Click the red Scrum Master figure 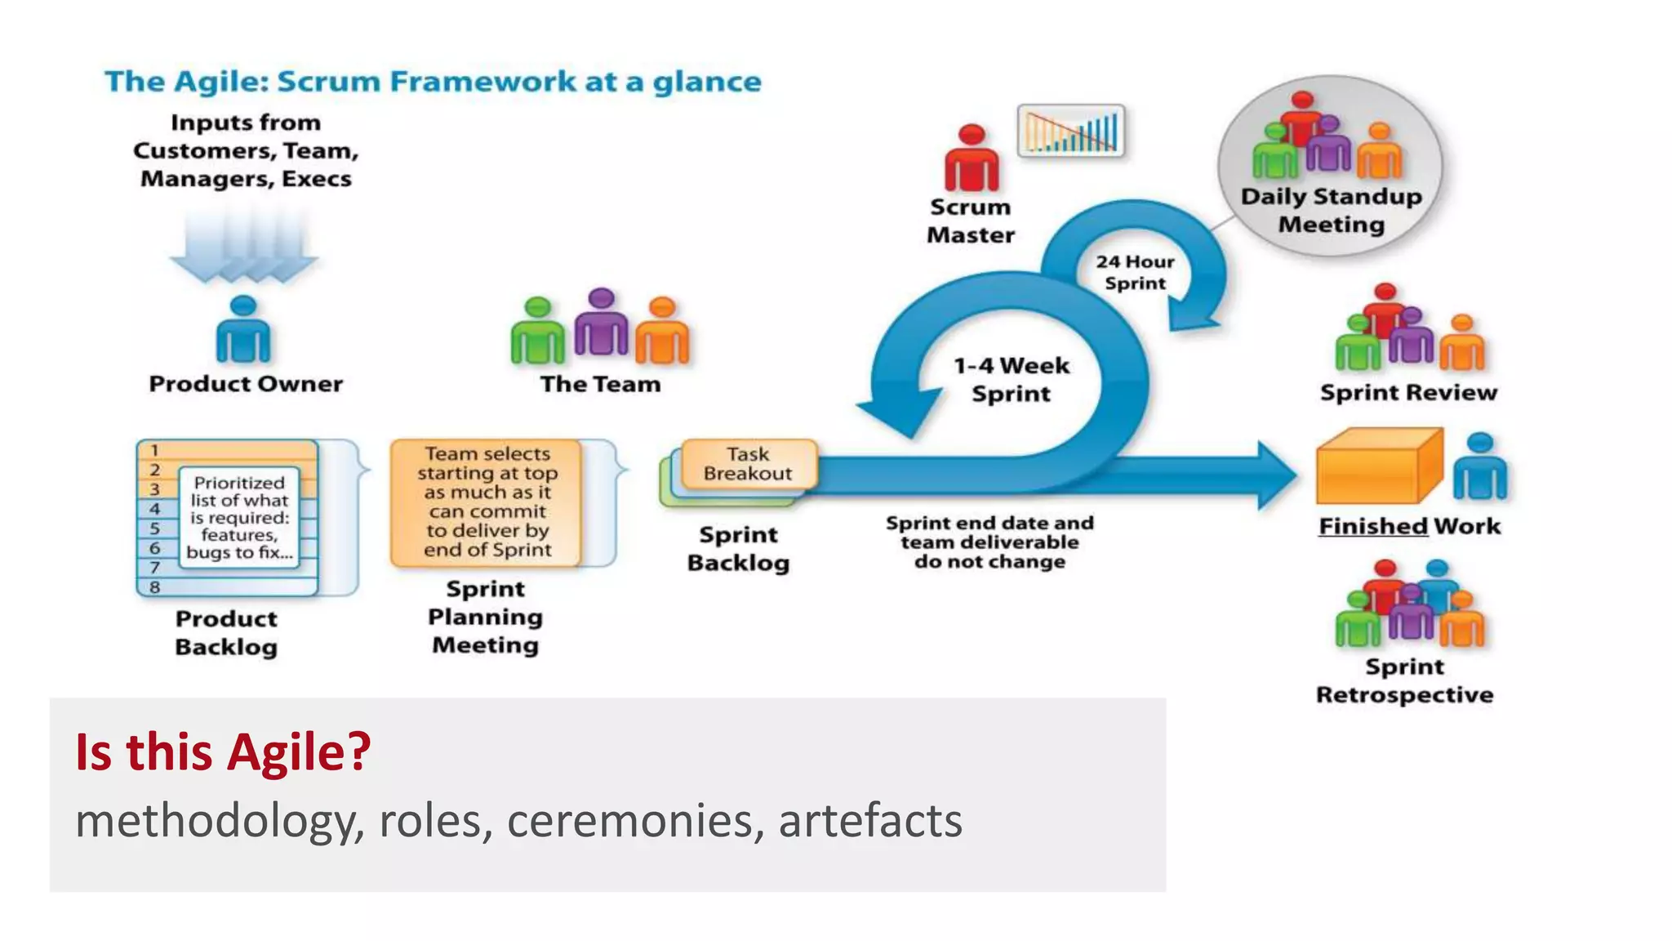971,159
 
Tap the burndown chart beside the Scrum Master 1070,131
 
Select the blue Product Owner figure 242,330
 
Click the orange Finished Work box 1379,466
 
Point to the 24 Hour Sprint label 1135,273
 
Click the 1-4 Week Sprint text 1011,380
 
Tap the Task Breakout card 748,464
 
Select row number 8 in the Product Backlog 155,586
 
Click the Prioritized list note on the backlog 239,517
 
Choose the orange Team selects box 487,502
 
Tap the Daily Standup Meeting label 1331,211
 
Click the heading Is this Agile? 223,751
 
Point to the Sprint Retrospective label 1404,680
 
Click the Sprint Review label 1408,393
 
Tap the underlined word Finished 1373,526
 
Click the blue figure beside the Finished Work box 1479,467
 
